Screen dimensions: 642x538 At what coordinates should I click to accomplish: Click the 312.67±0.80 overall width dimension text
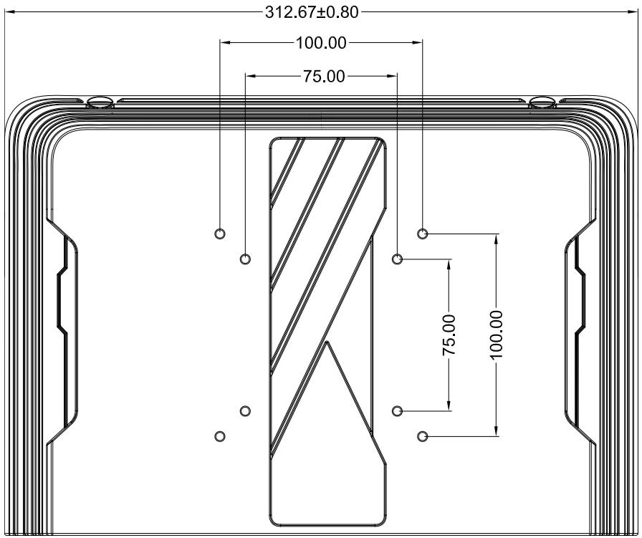pyautogui.click(x=312, y=12)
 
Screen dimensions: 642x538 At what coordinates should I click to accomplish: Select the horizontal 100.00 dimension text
pyautogui.click(x=321, y=42)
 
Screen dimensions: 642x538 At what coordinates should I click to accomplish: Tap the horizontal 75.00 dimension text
pyautogui.click(x=324, y=76)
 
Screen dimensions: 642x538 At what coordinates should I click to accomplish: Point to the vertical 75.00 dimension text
pyautogui.click(x=449, y=335)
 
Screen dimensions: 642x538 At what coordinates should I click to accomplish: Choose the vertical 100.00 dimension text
pyautogui.click(x=497, y=335)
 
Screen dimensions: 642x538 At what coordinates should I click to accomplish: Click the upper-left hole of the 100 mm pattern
pyautogui.click(x=220, y=234)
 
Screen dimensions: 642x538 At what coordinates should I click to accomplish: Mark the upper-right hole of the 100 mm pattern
pyautogui.click(x=423, y=234)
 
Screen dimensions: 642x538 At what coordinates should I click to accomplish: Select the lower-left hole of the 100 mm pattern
pyautogui.click(x=220, y=436)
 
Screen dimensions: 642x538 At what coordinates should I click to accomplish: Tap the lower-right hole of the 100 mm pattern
pyautogui.click(x=423, y=436)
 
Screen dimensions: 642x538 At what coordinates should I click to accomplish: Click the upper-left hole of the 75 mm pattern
pyautogui.click(x=245, y=259)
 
